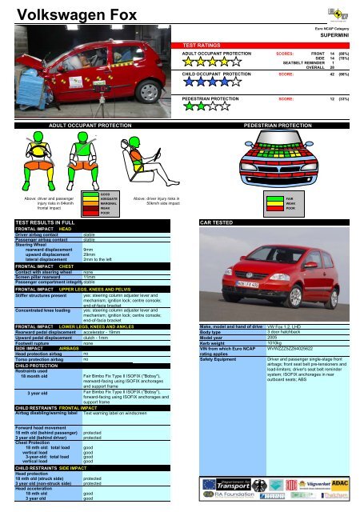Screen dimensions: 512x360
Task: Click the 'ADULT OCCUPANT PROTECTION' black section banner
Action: click(90, 126)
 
